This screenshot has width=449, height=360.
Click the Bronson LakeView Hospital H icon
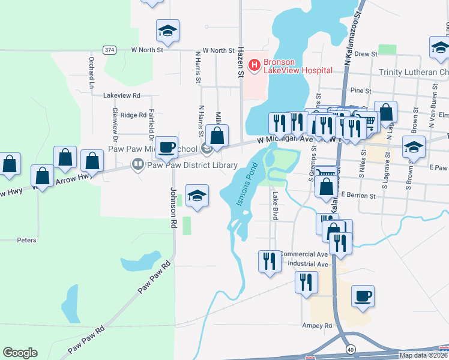tap(255, 64)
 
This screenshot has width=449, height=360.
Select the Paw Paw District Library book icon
tap(138, 164)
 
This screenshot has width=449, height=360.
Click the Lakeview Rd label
tap(121, 95)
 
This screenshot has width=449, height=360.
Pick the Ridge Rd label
tap(133, 115)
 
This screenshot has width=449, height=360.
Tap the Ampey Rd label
tap(318, 326)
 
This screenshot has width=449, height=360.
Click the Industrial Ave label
tap(308, 264)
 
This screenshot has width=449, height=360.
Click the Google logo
tap(20, 353)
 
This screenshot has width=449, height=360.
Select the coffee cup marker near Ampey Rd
tap(363, 296)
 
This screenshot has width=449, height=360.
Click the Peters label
tap(26, 240)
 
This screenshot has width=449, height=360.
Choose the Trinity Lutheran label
tap(413, 72)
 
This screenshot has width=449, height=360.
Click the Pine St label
tap(360, 91)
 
